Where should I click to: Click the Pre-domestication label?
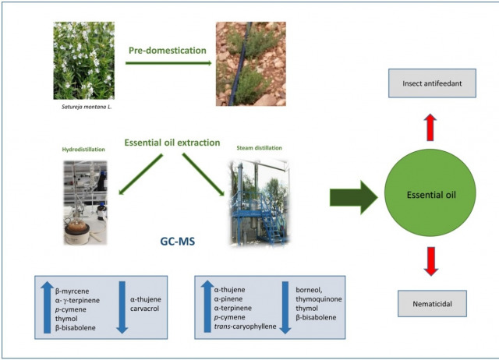pos(168,51)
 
